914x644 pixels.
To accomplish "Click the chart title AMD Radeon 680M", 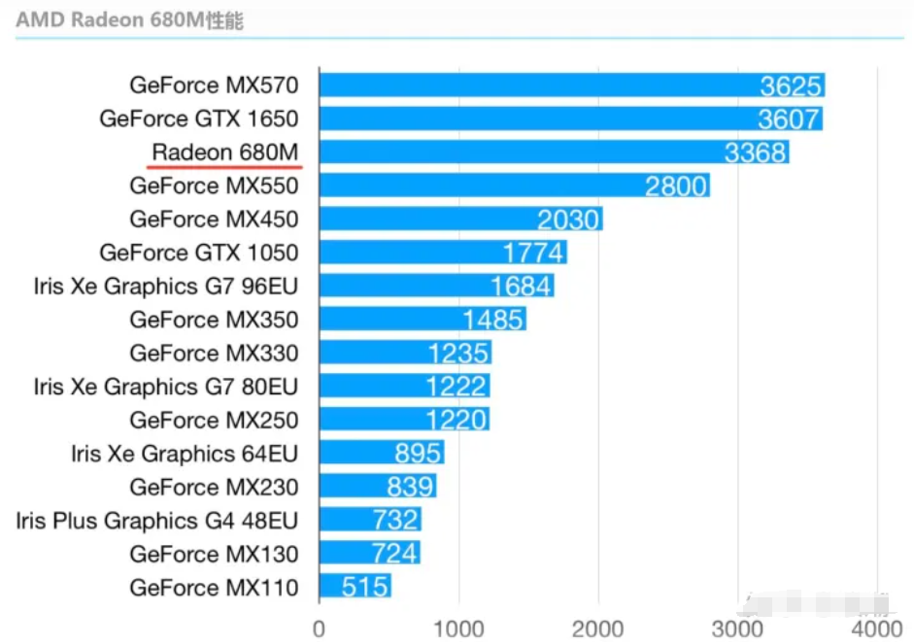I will tap(128, 20).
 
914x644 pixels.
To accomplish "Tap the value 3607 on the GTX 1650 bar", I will tap(791, 119).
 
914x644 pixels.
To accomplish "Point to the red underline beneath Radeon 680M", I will tap(225, 166).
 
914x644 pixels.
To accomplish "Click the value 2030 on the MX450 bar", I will tap(568, 220).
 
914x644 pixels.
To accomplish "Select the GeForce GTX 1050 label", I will tap(198, 254).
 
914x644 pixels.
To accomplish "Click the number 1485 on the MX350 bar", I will tap(492, 320).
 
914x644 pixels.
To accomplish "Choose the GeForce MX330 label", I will tap(214, 354).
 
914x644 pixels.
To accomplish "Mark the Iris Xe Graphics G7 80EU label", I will tap(165, 387).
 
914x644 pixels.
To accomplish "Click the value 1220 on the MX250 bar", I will tap(457, 421).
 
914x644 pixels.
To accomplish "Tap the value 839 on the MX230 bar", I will tap(411, 488).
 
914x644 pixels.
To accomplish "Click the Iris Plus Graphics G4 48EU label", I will tap(156, 521).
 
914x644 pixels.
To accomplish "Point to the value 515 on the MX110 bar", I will tap(365, 588).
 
